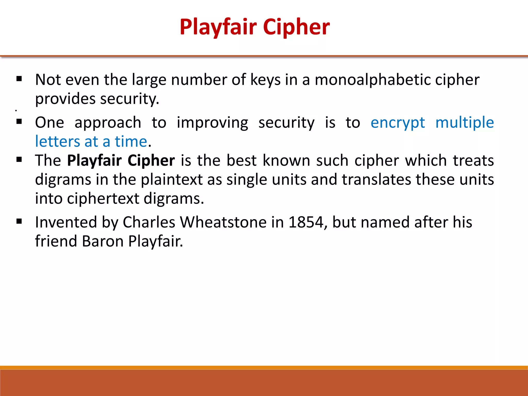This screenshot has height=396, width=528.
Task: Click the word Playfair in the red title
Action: [218, 27]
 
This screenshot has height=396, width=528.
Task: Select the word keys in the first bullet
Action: [265, 80]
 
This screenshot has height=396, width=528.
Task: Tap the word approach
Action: [108, 122]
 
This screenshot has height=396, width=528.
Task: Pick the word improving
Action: [212, 122]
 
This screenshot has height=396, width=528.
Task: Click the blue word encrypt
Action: [398, 122]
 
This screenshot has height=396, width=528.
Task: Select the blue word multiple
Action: [465, 122]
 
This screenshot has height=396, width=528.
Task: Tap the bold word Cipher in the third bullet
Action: [151, 161]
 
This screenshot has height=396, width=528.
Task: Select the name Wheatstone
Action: [223, 222]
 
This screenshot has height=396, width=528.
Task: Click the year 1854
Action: [306, 222]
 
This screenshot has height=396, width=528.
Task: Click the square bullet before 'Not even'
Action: [19, 79]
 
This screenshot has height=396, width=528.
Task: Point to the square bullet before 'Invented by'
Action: [19, 221]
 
